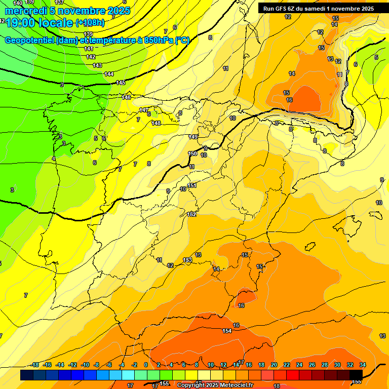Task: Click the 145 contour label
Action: click(x=121, y=83)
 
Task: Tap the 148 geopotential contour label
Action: click(x=156, y=123)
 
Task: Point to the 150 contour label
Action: click(x=192, y=153)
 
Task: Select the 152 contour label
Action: click(x=192, y=214)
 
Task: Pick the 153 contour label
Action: click(x=187, y=260)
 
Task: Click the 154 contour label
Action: click(x=227, y=331)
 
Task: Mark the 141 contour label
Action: click(x=89, y=49)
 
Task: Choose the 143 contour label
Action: click(x=97, y=65)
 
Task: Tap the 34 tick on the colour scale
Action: click(x=363, y=365)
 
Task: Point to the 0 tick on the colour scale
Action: click(x=146, y=365)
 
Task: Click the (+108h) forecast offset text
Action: click(x=90, y=23)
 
